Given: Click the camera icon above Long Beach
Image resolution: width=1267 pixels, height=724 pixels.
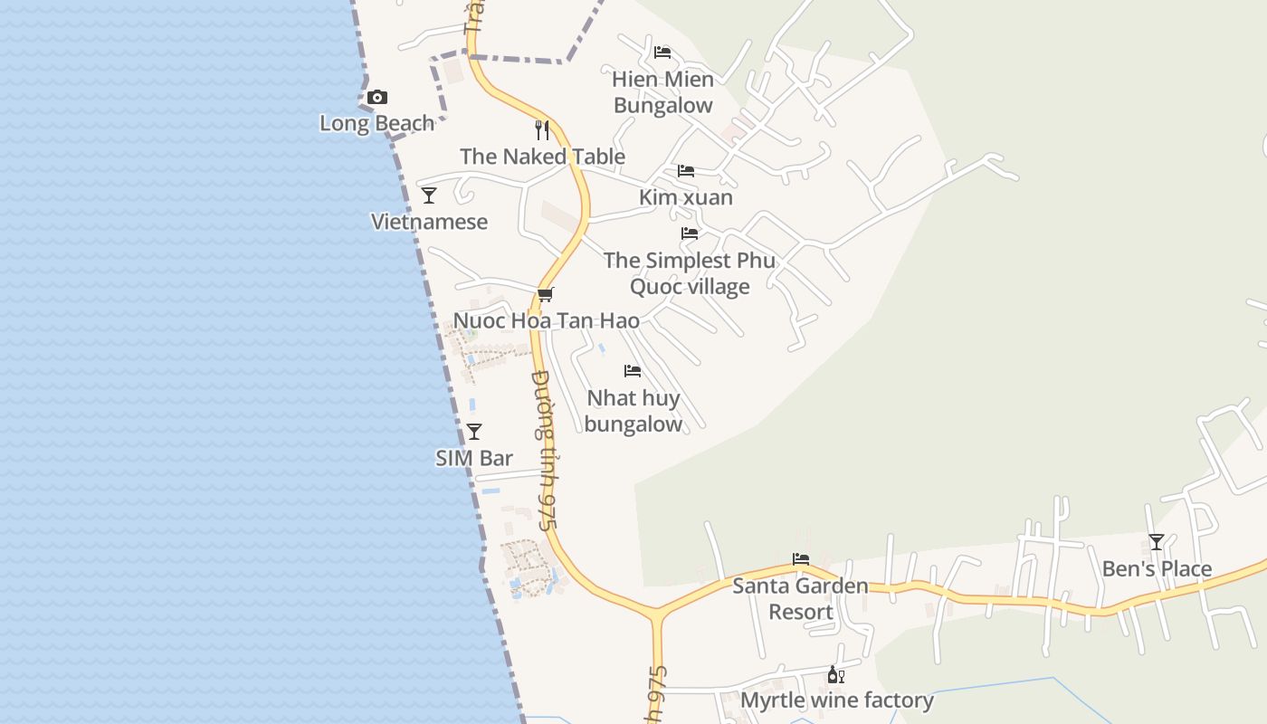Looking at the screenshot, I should click(378, 97).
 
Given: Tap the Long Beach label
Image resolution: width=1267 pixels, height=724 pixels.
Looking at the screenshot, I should click(376, 123).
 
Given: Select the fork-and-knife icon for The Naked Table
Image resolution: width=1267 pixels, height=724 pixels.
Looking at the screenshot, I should click(542, 130).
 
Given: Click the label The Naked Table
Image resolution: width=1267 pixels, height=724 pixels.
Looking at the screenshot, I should click(542, 157).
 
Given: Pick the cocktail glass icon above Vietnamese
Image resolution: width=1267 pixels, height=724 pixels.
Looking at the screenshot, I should click(429, 195).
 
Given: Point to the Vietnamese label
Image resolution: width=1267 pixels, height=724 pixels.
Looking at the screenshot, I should click(429, 222).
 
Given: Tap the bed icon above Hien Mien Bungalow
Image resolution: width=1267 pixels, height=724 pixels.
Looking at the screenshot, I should click(662, 52).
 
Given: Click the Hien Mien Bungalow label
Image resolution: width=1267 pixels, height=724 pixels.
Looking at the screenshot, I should click(663, 92).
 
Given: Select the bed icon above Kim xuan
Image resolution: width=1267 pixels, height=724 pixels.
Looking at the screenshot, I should click(686, 171).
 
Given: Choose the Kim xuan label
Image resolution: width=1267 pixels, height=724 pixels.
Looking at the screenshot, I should click(686, 197).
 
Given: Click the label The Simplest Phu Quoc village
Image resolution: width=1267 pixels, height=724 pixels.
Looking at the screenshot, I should click(690, 273).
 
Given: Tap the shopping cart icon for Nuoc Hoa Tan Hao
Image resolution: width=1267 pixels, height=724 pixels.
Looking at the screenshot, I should click(545, 295).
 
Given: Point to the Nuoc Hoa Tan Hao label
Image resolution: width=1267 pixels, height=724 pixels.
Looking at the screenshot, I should click(546, 320).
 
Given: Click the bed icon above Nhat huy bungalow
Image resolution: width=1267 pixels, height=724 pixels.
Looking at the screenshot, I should click(633, 371).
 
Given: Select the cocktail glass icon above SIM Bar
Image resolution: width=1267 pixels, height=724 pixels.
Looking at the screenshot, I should click(474, 432).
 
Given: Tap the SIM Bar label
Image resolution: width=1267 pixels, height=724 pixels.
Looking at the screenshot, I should click(474, 458).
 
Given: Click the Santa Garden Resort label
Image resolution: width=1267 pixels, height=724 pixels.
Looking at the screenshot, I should click(800, 599).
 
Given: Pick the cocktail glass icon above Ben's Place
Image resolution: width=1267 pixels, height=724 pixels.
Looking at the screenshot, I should click(1156, 542).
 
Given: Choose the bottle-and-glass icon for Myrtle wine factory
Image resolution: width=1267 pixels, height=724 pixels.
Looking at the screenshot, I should click(836, 675).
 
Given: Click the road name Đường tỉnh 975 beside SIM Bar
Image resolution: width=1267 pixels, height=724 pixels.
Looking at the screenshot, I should click(543, 450).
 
